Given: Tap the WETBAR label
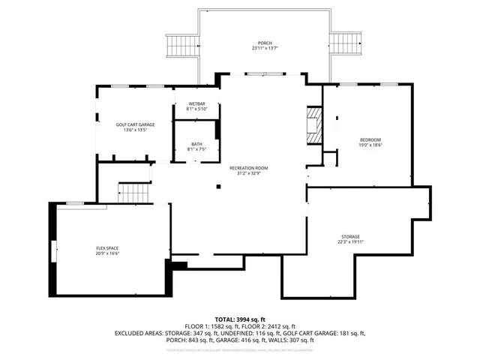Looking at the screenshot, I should [196, 103].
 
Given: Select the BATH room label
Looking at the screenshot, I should [196, 144].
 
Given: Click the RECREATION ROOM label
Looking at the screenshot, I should [248, 168].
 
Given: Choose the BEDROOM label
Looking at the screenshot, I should [370, 140].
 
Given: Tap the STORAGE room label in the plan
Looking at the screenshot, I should [349, 236].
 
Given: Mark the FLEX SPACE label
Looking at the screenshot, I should [107, 248].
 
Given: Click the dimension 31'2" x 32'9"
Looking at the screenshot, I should [248, 173].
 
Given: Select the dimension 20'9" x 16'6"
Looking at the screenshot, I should [107, 253].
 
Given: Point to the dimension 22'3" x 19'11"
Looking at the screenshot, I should [349, 241].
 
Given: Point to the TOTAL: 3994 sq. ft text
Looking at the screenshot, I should [240, 319].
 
